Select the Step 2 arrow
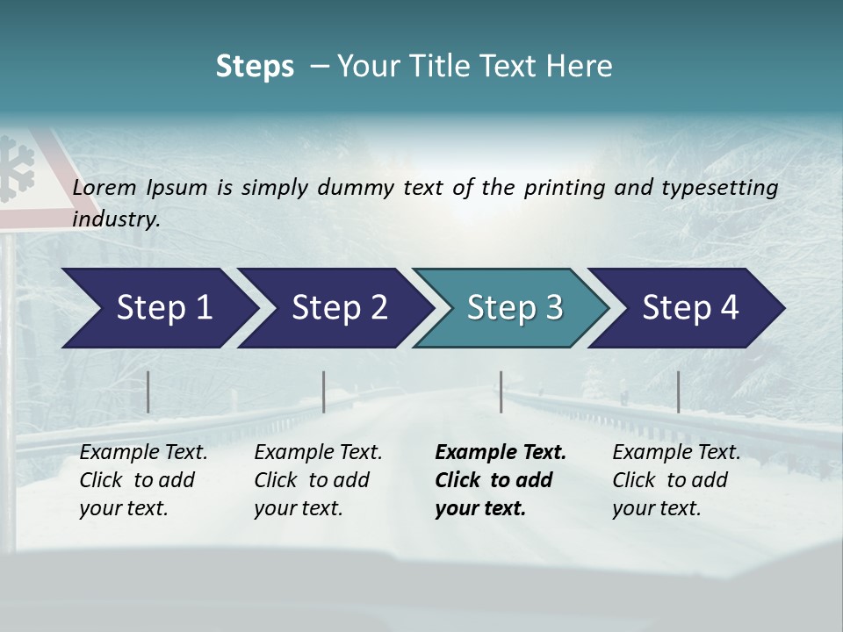coord(334,308)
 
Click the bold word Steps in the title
coord(255,66)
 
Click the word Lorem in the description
coord(104,188)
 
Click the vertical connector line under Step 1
coord(148,391)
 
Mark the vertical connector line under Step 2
coord(324,391)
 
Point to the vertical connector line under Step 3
coord(501,391)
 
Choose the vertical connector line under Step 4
coord(678,391)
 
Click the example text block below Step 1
coord(143,480)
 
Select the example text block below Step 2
coord(318,480)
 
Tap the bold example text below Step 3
coord(501,480)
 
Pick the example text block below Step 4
coord(676,480)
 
